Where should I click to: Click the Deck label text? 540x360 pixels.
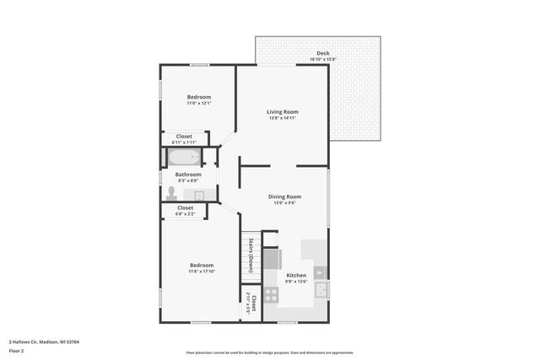323,53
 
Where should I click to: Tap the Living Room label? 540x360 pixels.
283,111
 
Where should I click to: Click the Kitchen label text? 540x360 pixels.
296,276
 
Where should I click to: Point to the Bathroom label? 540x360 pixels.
188,175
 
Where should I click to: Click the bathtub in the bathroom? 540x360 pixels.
183,158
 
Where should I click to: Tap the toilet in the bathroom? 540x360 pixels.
172,192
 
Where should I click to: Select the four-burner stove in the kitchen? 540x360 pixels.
271,294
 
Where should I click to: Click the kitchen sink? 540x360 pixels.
321,289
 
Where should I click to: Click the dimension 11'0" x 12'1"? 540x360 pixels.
199,104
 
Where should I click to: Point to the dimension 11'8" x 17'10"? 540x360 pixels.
202,271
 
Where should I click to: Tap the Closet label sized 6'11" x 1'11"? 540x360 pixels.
184,136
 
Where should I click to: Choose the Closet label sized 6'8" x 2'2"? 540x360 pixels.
185,207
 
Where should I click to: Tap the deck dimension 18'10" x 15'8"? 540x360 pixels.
323,59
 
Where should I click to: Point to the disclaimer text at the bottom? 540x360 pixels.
269,352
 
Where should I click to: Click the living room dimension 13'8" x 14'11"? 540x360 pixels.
283,118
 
